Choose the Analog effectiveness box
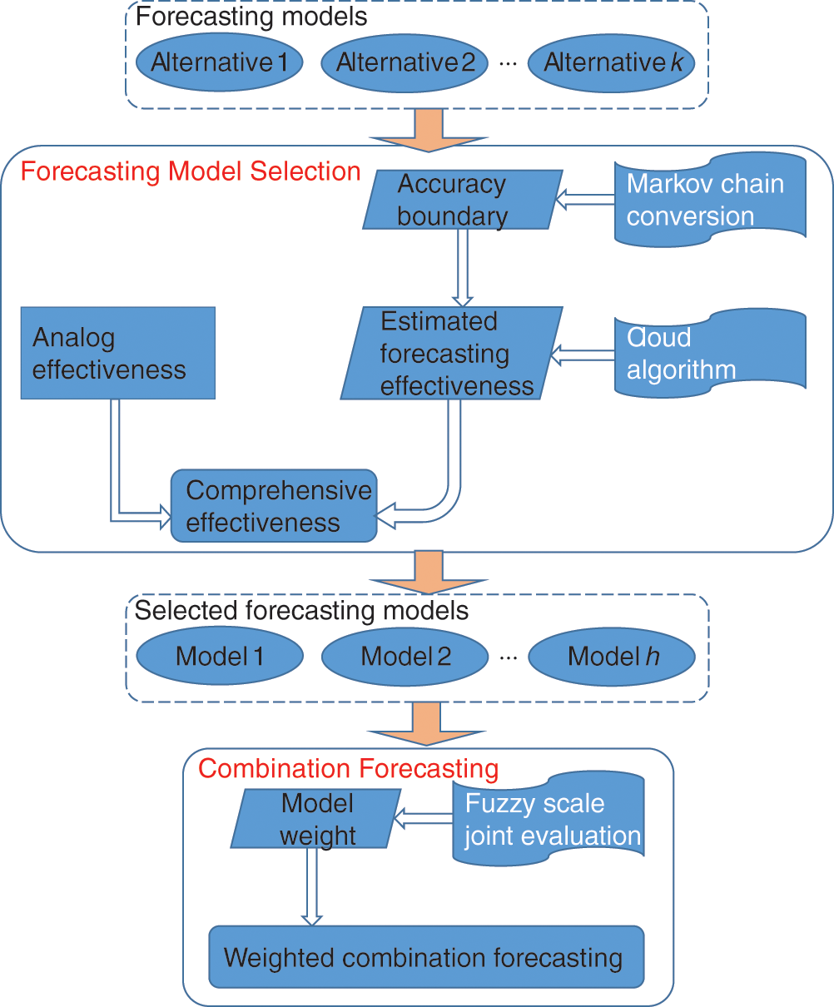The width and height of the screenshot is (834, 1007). click(117, 353)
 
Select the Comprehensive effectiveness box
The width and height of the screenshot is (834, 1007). click(274, 506)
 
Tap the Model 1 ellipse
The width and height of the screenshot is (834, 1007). click(220, 657)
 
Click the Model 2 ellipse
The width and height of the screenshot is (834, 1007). click(405, 657)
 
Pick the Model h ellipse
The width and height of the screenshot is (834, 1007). click(612, 657)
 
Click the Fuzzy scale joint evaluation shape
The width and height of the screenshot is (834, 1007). click(549, 819)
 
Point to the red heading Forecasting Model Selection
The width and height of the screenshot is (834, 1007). click(191, 172)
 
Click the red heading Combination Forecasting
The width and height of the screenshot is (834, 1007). click(348, 768)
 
